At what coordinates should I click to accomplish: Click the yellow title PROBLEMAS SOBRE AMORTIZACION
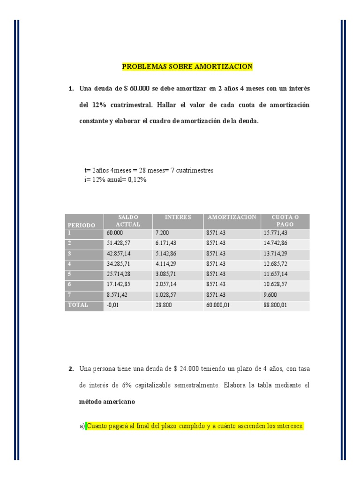187,67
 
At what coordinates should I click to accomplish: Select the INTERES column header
178,217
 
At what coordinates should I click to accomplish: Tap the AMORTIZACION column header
232,217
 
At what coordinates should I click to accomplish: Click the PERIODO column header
81,225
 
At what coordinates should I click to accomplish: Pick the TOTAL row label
77,305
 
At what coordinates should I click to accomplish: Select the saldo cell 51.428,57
119,243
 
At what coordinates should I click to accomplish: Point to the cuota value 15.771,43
276,232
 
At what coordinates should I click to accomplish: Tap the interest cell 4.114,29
166,264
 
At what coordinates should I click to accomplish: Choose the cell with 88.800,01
276,306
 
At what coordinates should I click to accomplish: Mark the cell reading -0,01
113,306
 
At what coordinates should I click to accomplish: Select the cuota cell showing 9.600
270,295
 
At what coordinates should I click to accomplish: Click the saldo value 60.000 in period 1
115,232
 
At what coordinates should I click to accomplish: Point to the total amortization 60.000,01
218,306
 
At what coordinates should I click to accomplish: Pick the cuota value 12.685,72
276,264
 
